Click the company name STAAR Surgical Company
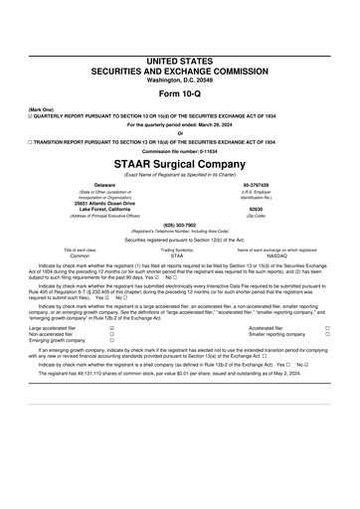tap(179, 162)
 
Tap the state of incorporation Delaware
tap(104, 185)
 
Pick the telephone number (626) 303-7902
tap(179, 226)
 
